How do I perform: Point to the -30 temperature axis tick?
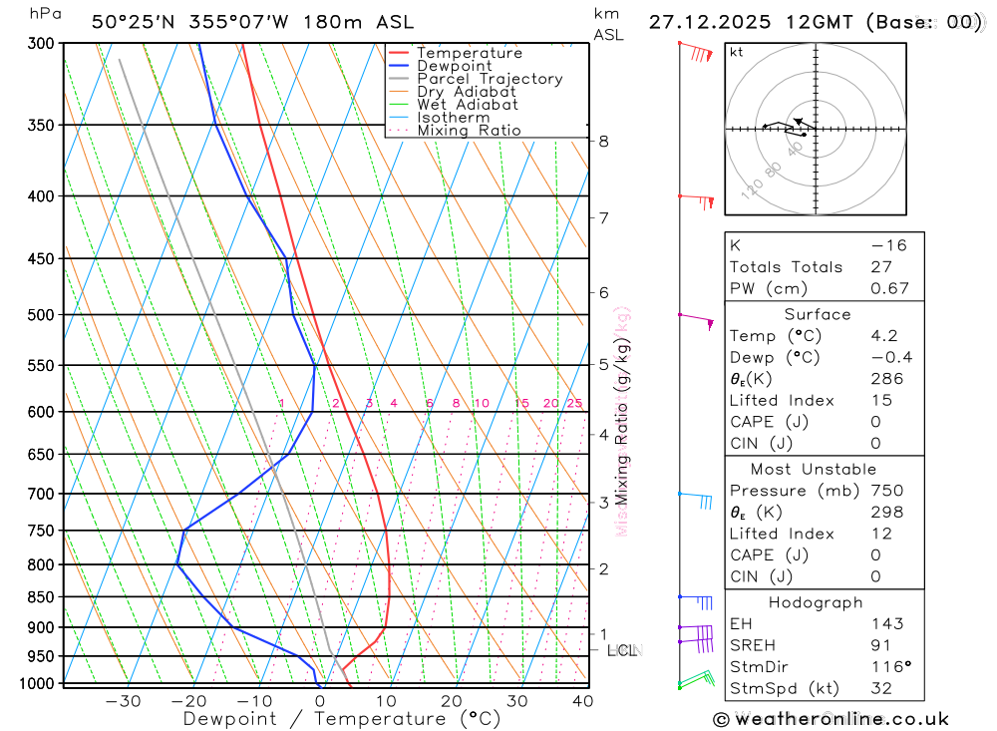123,701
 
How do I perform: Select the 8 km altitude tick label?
604,142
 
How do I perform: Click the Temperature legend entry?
469,53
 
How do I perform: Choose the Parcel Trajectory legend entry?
490,79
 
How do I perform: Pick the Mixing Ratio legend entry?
469,131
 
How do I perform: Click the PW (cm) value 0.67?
889,288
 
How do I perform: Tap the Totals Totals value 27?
879,267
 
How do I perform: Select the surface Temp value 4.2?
883,336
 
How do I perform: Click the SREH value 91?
879,645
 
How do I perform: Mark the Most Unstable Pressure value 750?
886,491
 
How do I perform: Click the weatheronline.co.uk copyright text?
831,718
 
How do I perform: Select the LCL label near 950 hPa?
622,651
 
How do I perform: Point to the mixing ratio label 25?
574,403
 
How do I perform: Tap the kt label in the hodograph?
737,52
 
